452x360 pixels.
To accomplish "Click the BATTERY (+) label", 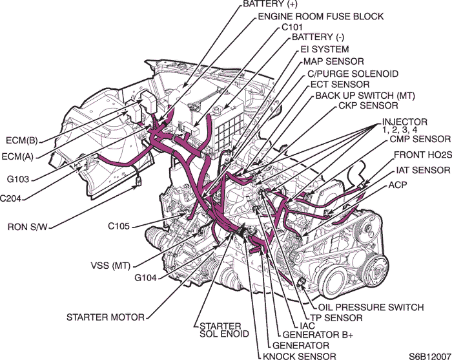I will point(270,5).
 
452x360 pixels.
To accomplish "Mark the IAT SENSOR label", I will point(422,171).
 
